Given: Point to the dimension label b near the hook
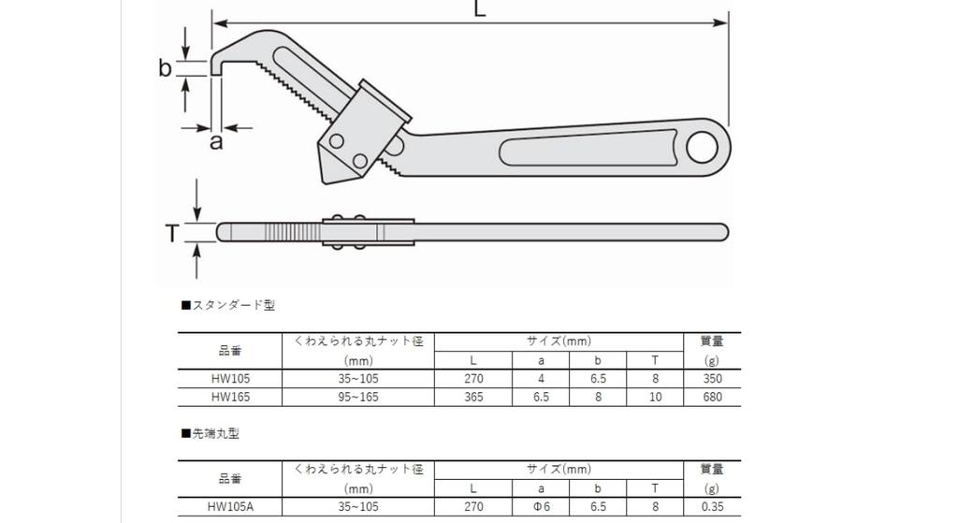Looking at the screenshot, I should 166,68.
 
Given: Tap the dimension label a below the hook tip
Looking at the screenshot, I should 216,142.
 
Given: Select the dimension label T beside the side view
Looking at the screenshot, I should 172,233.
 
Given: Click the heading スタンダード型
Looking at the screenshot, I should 228,305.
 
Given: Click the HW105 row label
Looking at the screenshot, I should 230,379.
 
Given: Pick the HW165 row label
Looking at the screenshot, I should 230,397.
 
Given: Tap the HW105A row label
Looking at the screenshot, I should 230,506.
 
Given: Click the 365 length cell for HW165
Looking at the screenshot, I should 473,397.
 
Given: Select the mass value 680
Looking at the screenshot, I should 712,397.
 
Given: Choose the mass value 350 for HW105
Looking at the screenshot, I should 712,379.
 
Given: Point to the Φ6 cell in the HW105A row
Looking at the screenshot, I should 541,506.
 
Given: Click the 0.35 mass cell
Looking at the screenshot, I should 712,506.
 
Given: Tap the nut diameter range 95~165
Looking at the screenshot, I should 358,397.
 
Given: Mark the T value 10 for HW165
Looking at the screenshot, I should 655,397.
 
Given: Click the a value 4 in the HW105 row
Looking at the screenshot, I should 541,379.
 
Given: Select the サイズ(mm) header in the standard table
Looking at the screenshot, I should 559,341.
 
